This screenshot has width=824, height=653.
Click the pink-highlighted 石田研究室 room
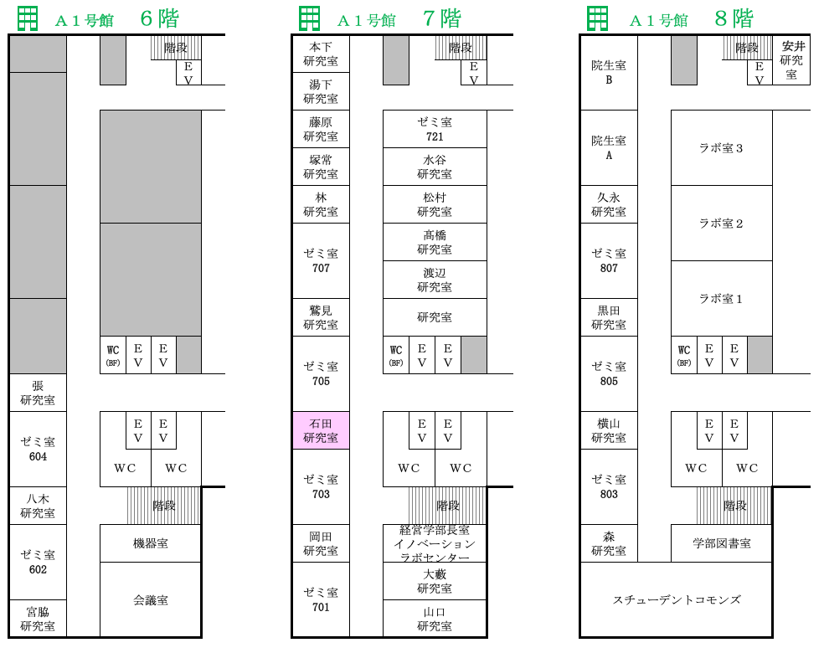point(321,430)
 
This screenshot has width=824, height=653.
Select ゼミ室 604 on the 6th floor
point(38,450)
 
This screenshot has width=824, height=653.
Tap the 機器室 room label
point(151,543)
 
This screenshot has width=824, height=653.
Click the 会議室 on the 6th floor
point(151,600)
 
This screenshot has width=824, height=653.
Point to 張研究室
point(38,393)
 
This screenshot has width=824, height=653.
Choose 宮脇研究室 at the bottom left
point(38,619)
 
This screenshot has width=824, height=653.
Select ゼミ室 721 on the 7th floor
point(435,129)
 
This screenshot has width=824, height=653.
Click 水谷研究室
point(435,167)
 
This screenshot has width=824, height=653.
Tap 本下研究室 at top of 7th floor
point(321,54)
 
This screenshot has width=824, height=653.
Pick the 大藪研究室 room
point(435,581)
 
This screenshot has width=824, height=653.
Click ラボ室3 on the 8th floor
point(722,148)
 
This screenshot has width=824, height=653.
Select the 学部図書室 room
point(722,543)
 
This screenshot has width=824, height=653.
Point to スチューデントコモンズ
point(677,600)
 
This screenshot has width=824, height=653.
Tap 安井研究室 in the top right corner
point(791,60)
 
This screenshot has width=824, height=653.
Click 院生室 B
point(609,73)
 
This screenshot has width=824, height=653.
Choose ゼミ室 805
point(609,373)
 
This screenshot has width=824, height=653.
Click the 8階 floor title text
point(734,19)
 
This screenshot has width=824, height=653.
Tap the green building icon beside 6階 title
point(28,19)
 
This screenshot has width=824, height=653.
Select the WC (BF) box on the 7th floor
point(396,355)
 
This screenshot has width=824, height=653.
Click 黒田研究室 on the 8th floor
point(609,317)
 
